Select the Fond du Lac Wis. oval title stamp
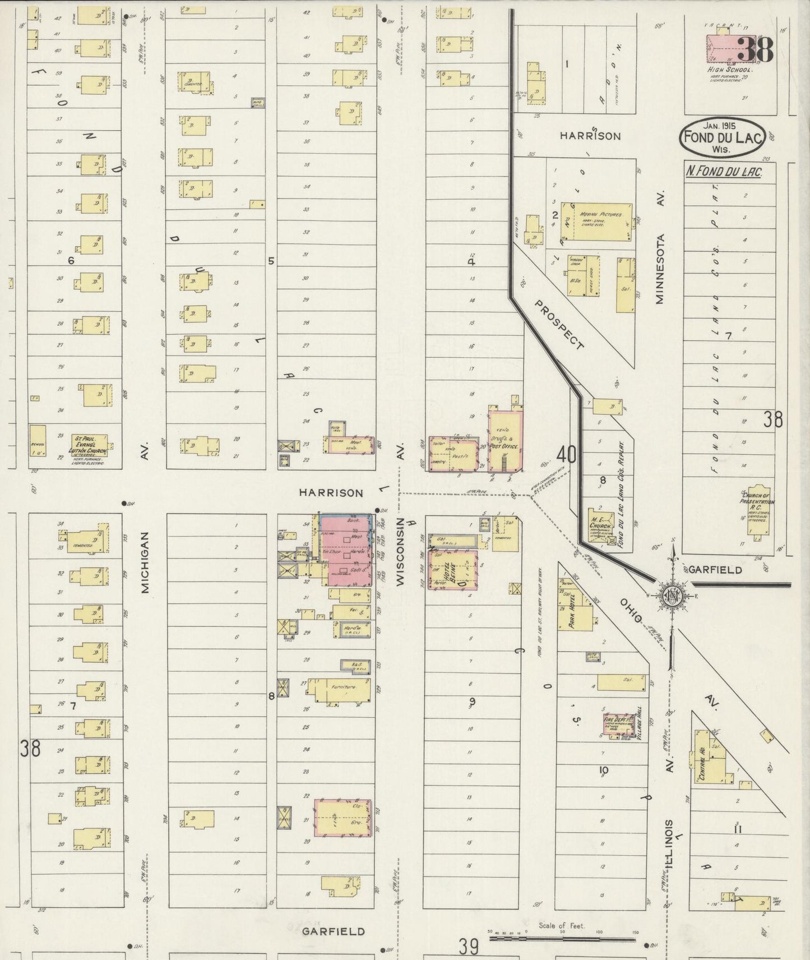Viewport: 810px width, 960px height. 722,136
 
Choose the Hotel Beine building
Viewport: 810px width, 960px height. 453,570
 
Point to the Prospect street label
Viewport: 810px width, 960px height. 559,325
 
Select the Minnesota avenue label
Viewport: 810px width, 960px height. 660,269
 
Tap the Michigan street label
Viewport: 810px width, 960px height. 145,562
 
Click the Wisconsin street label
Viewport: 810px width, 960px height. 400,552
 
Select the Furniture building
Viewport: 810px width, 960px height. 341,689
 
